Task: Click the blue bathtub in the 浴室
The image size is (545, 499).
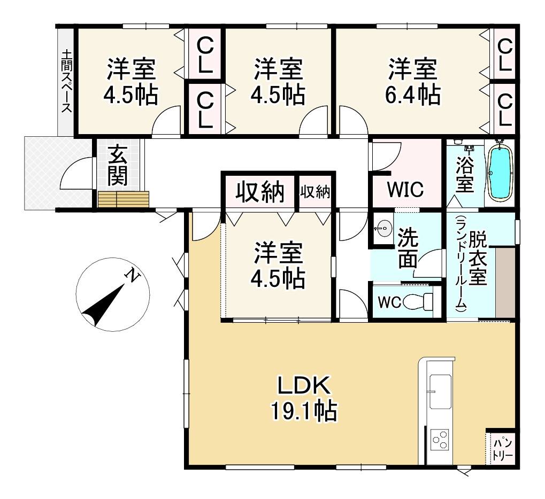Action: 500,173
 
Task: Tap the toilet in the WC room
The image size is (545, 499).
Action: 420,302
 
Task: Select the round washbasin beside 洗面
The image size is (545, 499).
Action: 382,229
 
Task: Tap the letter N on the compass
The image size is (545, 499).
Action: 131,276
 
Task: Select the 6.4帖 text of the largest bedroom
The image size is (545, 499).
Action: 412,95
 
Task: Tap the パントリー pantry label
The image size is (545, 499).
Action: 503,449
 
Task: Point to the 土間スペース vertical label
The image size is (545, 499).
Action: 66,81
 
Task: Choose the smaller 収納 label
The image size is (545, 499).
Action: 315,191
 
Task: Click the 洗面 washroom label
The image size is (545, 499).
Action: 408,248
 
